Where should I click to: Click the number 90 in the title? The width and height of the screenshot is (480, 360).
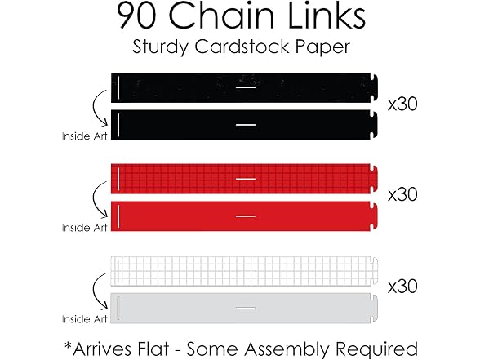[137, 16]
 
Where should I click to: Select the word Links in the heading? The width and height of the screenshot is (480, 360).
[327, 16]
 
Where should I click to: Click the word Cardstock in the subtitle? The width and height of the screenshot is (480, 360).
[242, 47]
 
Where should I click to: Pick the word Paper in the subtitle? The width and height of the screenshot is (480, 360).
[322, 47]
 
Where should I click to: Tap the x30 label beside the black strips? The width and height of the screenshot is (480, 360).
[402, 104]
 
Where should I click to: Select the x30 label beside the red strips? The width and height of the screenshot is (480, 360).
[402, 194]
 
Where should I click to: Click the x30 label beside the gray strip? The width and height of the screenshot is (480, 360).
[402, 287]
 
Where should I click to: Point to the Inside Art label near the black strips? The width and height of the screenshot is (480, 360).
[85, 136]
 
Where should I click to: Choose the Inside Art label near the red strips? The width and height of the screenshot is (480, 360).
[85, 228]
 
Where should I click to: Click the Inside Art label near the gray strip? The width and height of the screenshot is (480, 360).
[85, 319]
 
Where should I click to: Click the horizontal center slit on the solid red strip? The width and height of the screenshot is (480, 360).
[246, 216]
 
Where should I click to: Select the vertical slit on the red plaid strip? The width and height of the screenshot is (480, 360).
[118, 179]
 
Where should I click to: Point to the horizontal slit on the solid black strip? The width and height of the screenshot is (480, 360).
[246, 125]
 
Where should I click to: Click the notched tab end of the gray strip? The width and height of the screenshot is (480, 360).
[374, 308]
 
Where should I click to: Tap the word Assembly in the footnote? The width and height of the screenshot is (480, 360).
[287, 349]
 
